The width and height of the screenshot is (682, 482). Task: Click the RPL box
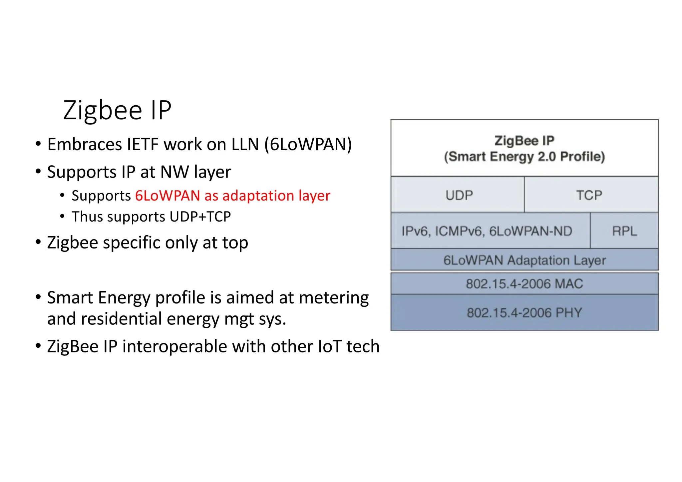pos(624,231)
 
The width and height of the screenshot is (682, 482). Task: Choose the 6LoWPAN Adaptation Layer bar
pos(524,260)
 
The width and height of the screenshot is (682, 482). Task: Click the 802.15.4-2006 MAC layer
pos(524,284)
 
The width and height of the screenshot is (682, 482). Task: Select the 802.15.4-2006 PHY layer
pos(524,312)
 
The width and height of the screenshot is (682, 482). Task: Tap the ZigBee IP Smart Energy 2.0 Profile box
pos(524,149)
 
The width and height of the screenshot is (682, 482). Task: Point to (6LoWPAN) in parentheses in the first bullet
pos(308,145)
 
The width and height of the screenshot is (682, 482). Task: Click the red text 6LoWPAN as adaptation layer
pos(232,196)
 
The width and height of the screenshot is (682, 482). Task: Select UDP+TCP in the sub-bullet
pos(200,217)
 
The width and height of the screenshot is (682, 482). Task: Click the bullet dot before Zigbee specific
pos(38,242)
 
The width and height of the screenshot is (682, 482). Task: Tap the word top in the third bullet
pos(235,243)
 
